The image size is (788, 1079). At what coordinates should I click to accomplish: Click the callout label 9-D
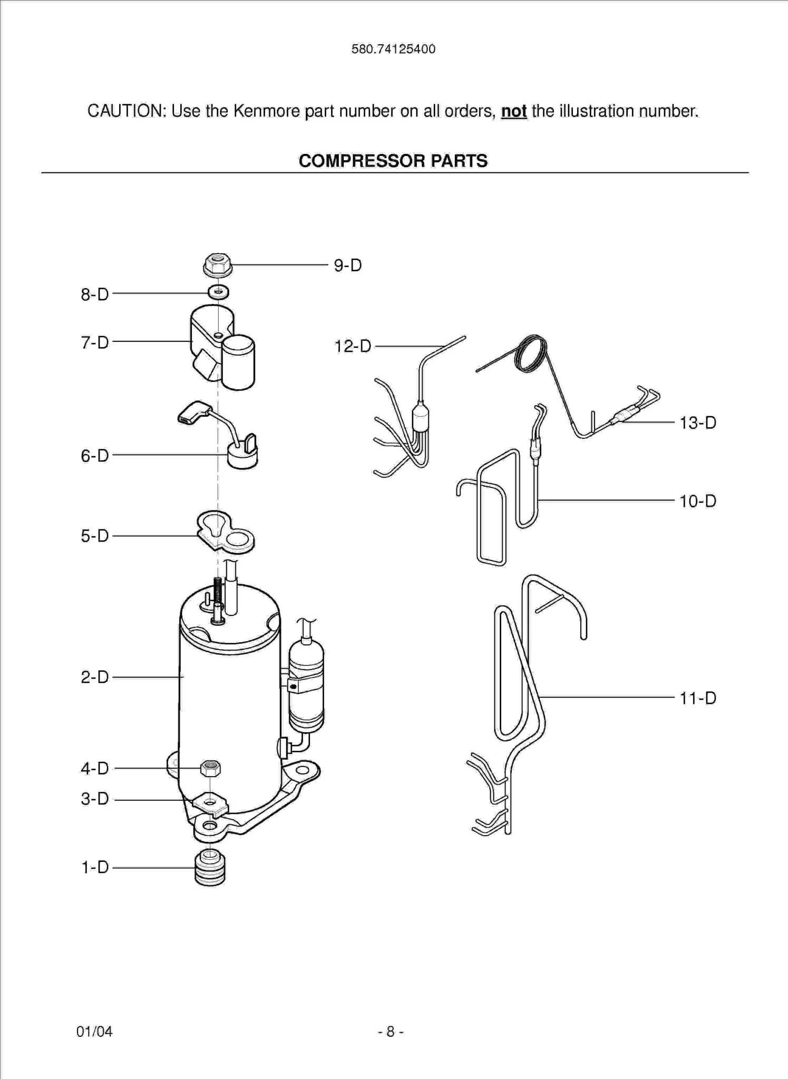pos(348,266)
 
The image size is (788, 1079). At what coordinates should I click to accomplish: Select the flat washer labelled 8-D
pos(218,292)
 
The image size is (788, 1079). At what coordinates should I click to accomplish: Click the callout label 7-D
pos(95,342)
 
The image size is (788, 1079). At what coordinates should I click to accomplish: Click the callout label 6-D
pos(95,456)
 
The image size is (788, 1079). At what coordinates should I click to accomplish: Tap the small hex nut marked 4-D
pos(210,768)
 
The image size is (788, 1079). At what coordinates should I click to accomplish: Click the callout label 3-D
pos(95,799)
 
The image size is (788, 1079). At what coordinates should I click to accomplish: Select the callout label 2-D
pos(95,677)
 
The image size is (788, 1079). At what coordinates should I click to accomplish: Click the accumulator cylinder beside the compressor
pos(306,685)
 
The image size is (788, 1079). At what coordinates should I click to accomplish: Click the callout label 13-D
pos(697,423)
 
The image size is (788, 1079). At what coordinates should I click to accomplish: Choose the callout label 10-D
pos(697,501)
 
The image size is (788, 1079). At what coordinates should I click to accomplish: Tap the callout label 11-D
pos(697,698)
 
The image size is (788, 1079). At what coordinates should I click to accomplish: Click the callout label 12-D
pos(353,346)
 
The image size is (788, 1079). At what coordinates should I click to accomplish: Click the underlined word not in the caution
pos(513,111)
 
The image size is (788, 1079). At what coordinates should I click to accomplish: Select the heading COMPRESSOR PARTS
pos(393,161)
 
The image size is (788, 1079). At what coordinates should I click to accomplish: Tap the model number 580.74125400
pos(393,49)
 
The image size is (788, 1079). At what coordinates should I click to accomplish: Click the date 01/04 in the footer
pos(94,1031)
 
